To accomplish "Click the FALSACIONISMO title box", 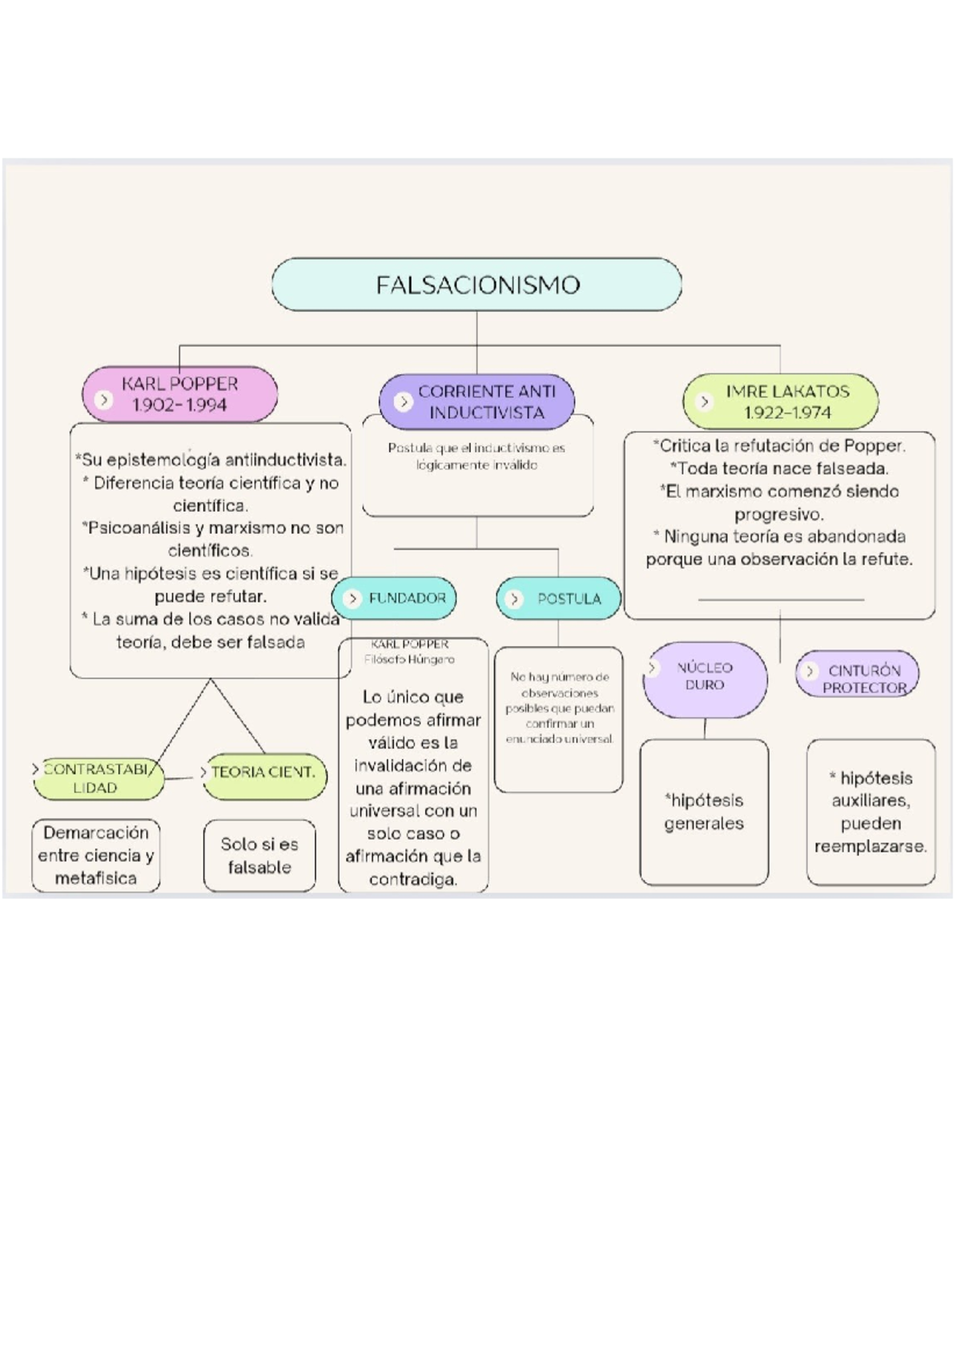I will [476, 284].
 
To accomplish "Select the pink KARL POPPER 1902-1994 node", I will [180, 394].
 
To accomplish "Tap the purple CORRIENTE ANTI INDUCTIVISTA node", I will [477, 401].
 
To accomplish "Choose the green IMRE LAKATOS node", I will [781, 401].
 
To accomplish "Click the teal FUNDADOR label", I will [395, 599].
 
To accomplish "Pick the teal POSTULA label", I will [559, 599].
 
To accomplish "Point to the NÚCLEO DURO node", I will [705, 677].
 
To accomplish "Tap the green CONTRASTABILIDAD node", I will [98, 778].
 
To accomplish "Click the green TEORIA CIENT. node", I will [264, 773].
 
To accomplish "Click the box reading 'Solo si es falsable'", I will [259, 855].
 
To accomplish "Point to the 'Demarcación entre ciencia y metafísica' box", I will [96, 855].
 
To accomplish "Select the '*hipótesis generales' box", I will [704, 812].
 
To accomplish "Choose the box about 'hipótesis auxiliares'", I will [871, 812].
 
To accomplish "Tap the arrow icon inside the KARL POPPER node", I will [103, 399].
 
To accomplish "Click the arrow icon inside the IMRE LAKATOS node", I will [705, 401].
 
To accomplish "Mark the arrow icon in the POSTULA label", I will [515, 599].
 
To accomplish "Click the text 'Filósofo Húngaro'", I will [409, 659].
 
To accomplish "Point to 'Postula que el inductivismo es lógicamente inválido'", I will [477, 456].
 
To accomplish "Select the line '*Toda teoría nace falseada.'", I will [779, 469].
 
